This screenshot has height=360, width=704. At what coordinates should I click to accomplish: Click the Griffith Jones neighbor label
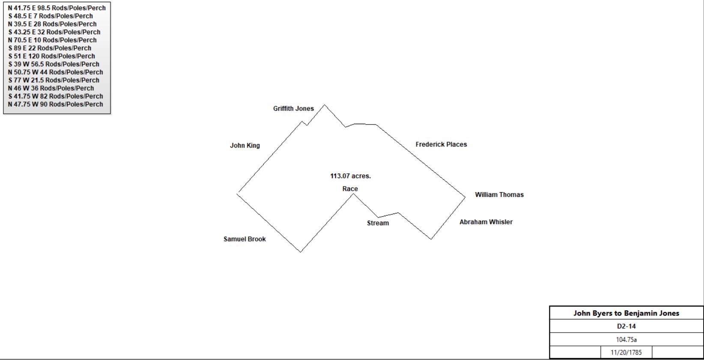point(293,109)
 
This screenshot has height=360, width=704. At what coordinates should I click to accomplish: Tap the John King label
point(245,146)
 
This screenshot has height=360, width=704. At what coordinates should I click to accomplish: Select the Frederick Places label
point(441,145)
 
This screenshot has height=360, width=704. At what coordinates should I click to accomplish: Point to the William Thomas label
point(499,195)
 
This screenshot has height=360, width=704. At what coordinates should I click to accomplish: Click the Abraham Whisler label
point(486,222)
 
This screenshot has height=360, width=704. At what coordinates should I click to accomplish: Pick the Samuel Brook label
point(245,239)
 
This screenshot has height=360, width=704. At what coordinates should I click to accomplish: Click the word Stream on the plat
point(378,223)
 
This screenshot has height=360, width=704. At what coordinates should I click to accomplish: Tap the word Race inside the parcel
point(350,189)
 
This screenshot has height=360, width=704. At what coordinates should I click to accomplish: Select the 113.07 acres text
point(350,176)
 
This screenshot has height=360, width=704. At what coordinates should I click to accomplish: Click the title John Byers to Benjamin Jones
point(626,313)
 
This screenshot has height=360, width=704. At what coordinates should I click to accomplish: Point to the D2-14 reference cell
point(626,326)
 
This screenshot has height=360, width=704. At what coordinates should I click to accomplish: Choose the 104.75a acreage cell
point(626,339)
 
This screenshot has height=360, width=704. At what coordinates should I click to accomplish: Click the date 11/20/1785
point(626,352)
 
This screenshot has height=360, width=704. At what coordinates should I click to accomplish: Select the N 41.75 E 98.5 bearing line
point(57,8)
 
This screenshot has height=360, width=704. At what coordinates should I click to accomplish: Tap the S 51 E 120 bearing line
point(51,56)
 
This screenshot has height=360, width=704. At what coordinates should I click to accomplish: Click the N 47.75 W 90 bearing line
point(55,104)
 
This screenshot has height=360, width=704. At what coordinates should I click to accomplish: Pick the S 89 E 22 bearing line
point(50,48)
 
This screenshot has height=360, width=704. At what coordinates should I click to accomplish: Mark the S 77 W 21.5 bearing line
point(54,80)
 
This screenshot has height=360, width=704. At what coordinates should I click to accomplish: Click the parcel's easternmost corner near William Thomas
point(465,197)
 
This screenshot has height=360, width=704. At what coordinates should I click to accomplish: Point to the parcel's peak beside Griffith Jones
point(324,105)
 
